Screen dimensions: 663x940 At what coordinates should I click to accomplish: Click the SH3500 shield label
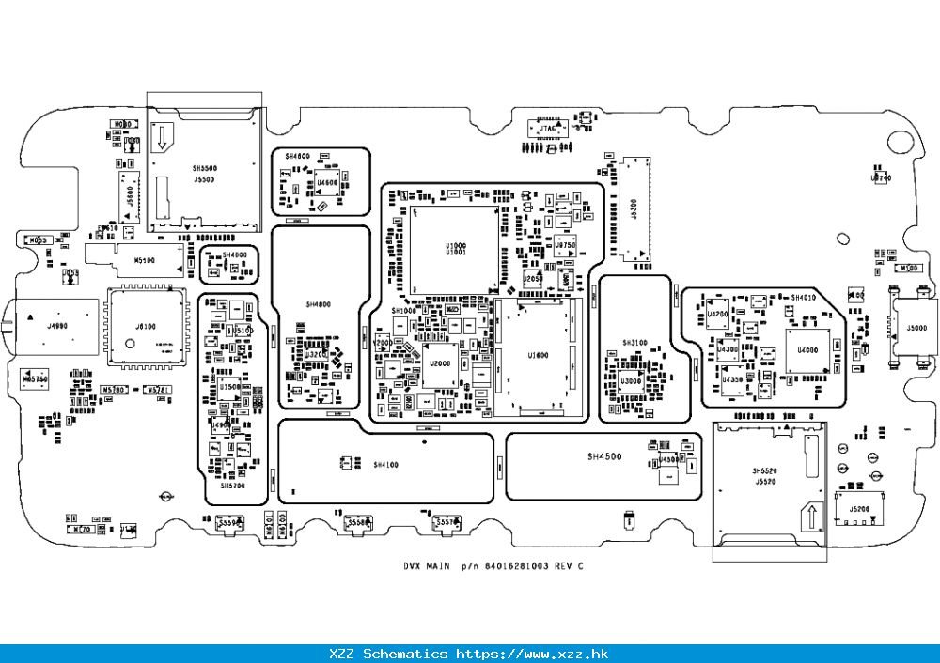pyautogui.click(x=204, y=168)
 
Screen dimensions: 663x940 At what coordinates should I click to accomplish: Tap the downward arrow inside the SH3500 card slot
pyautogui.click(x=162, y=137)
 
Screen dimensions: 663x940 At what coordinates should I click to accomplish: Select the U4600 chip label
pyautogui.click(x=327, y=182)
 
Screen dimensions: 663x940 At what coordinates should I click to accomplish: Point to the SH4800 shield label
pyautogui.click(x=319, y=304)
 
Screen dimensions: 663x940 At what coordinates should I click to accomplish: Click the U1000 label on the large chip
pyautogui.click(x=455, y=246)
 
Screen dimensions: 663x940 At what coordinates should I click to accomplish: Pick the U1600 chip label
pyautogui.click(x=538, y=355)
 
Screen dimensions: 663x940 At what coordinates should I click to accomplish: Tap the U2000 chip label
pyautogui.click(x=440, y=362)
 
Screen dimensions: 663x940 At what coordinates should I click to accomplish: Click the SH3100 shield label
pyautogui.click(x=634, y=343)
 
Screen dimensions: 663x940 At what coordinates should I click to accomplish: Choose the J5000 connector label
pyautogui.click(x=916, y=329)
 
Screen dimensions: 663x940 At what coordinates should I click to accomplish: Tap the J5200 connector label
pyautogui.click(x=858, y=509)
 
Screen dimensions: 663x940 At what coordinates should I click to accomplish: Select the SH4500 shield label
pyautogui.click(x=604, y=456)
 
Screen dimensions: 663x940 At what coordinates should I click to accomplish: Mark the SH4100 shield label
pyautogui.click(x=385, y=465)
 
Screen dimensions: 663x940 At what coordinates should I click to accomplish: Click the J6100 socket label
pyautogui.click(x=146, y=326)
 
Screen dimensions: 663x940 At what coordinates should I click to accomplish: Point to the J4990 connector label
pyautogui.click(x=57, y=326)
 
